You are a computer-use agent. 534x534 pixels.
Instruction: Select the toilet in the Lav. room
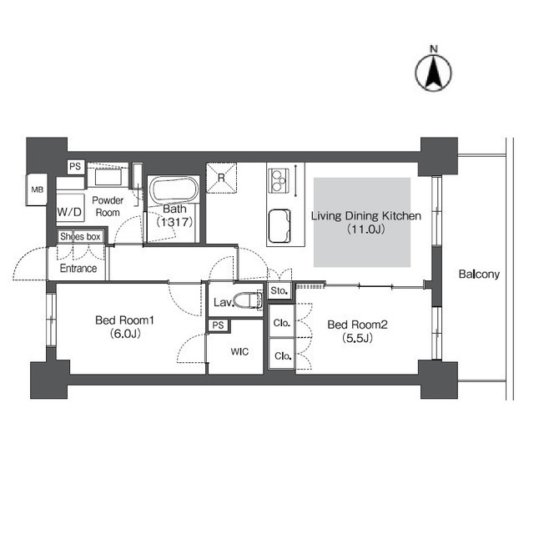coord(249,300)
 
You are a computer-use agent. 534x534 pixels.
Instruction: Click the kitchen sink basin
coord(280,226)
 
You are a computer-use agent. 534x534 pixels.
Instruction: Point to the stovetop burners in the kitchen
coord(278,180)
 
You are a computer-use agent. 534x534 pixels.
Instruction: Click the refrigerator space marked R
coord(221,178)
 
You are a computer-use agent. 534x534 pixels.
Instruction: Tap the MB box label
coord(38,189)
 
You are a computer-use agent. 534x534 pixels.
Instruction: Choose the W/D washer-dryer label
coord(69,212)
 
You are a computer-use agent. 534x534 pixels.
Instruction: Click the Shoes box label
coord(80,236)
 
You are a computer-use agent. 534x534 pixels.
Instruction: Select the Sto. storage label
coord(280,291)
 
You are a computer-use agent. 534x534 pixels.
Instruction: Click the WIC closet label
coord(239,352)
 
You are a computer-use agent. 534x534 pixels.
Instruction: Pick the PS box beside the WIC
coord(219,325)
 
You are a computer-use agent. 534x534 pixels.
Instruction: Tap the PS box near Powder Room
coord(75,167)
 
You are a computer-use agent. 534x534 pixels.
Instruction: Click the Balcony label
coord(479,275)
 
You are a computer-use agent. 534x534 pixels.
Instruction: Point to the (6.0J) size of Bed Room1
coord(125,334)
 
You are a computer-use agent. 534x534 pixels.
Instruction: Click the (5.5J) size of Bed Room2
coord(357,338)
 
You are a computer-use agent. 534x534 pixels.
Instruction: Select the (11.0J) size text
coord(366,229)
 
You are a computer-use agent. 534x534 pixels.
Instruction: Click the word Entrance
coord(78,269)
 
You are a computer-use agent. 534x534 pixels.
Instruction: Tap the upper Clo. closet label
coord(282,323)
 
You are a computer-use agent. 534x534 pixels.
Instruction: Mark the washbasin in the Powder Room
coord(108,178)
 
